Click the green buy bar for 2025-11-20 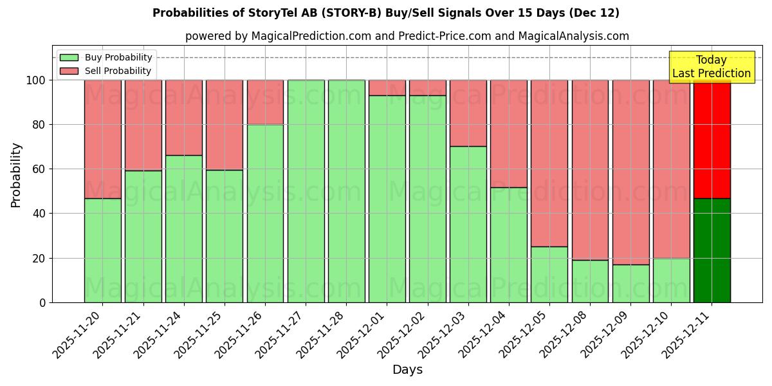click(x=102, y=250)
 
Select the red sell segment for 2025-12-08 click(x=590, y=170)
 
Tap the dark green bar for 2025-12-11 click(x=712, y=250)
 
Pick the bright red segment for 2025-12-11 click(x=712, y=139)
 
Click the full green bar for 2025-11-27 click(x=306, y=191)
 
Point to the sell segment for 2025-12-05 click(x=549, y=163)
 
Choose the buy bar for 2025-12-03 click(x=468, y=225)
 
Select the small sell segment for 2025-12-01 click(x=387, y=88)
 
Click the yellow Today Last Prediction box click(x=712, y=67)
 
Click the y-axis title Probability click(x=16, y=175)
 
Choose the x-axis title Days click(x=407, y=370)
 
